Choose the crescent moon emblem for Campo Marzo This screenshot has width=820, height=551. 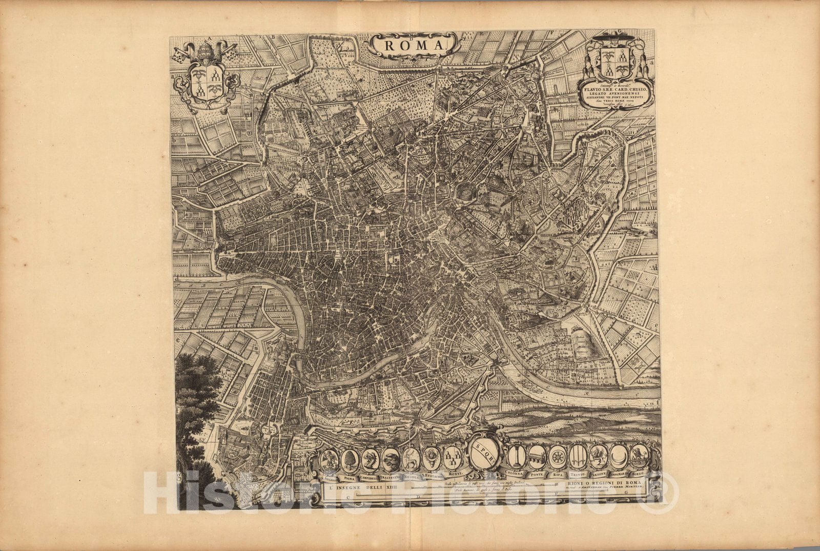[618, 456]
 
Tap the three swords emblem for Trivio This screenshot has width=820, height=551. [577, 456]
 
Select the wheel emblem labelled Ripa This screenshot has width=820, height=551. [557, 456]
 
